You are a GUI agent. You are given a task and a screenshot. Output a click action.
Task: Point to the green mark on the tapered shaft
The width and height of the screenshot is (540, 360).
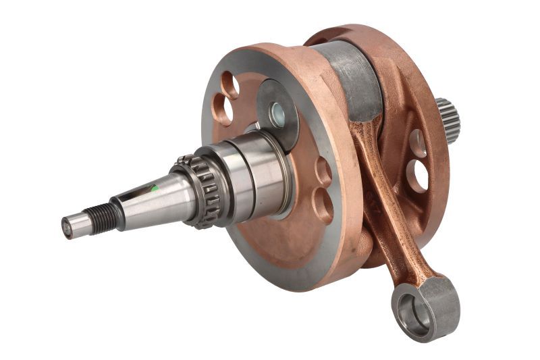pyautogui.click(x=155, y=190)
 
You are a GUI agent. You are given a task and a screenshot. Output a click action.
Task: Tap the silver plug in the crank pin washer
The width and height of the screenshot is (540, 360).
pyautogui.click(x=277, y=115)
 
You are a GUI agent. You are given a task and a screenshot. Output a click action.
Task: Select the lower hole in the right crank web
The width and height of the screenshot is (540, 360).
pyautogui.click(x=421, y=175)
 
